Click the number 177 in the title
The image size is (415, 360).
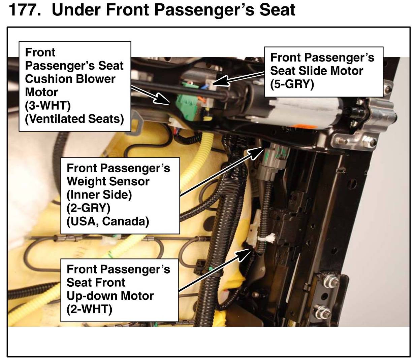pos(25,10)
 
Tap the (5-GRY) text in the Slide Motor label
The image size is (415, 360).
pos(292,84)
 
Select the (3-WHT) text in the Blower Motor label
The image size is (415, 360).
pos(48,106)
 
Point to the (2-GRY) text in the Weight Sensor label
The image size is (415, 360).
pos(89,208)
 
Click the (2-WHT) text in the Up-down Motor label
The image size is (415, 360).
pos(89,309)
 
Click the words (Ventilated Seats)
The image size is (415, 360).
pos(74,119)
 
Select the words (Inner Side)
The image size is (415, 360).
pos(99,195)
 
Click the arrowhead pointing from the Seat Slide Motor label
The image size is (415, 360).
pos(220,81)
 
